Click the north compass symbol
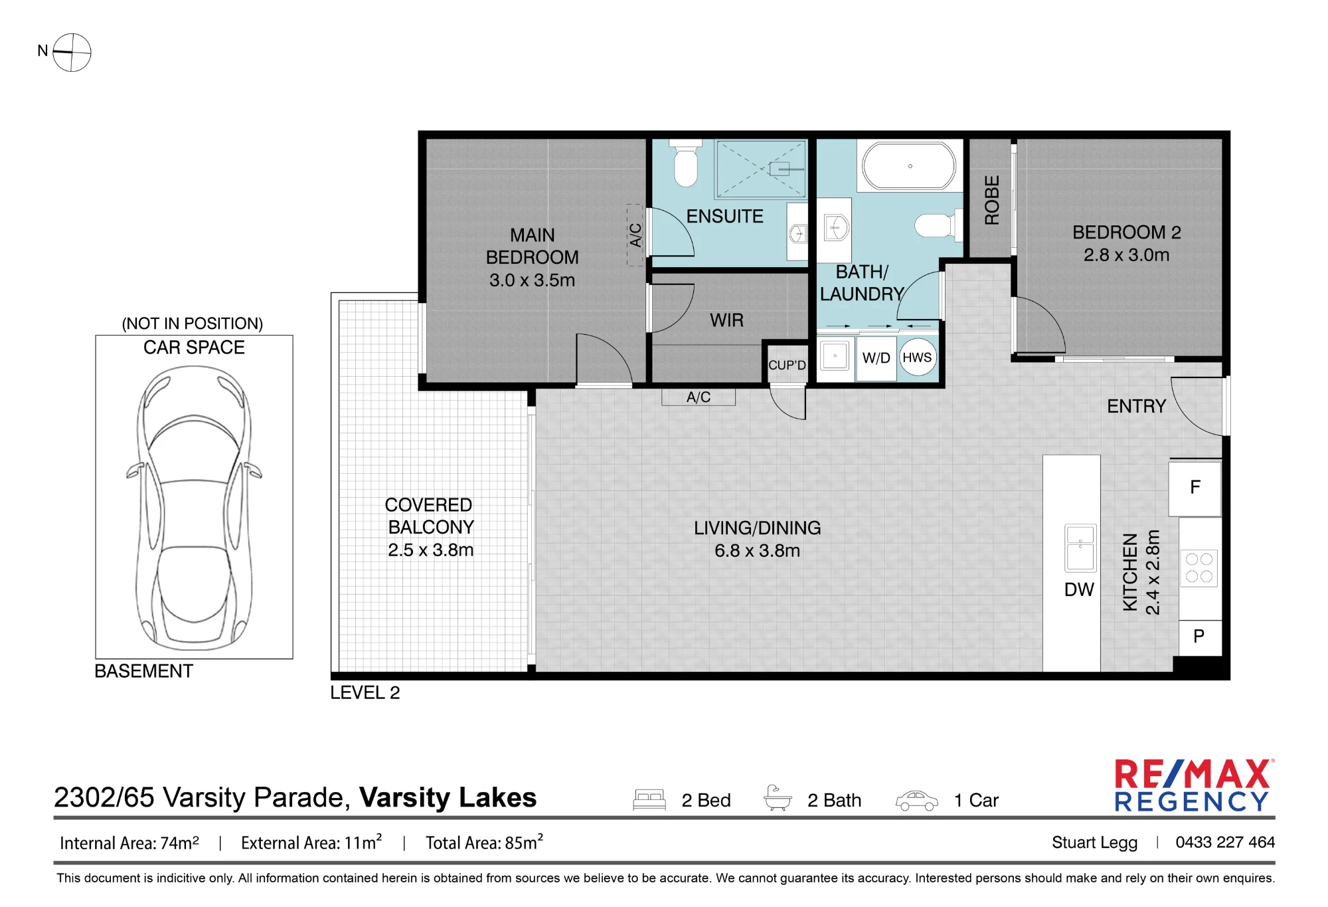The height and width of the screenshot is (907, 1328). (71, 52)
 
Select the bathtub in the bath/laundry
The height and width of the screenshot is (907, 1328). (909, 166)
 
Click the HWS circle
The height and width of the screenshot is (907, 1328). (917, 357)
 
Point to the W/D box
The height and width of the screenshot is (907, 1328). (876, 358)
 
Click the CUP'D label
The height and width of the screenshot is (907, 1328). (787, 365)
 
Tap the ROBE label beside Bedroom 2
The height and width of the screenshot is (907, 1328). (991, 200)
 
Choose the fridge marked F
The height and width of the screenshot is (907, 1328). (1195, 488)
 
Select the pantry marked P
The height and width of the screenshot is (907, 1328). (1199, 637)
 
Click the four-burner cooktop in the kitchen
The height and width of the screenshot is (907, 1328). (1199, 568)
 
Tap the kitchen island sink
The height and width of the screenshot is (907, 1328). (1080, 548)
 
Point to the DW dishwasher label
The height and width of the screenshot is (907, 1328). (1079, 589)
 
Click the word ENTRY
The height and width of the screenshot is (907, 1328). (1136, 406)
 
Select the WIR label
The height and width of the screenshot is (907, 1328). (726, 320)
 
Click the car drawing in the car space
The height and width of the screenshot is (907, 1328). (194, 508)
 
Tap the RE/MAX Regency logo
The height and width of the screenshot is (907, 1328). (1193, 785)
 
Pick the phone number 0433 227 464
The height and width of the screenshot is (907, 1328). (1225, 842)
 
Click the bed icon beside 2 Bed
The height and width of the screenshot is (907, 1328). (649, 799)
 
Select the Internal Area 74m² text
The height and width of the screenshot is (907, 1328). (129, 843)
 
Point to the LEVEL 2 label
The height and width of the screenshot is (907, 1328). (365, 692)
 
